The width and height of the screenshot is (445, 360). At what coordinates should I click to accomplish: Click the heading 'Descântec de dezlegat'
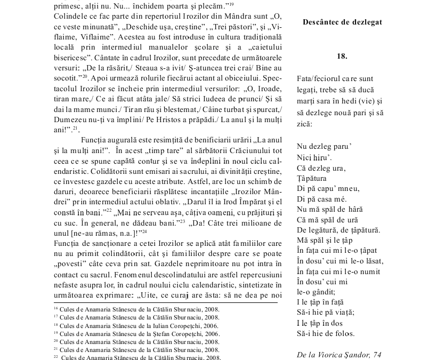point(342,22)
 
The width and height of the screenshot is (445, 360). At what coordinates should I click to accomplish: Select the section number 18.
point(342,55)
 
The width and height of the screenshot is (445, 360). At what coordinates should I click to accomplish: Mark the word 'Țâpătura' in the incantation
point(312,178)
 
